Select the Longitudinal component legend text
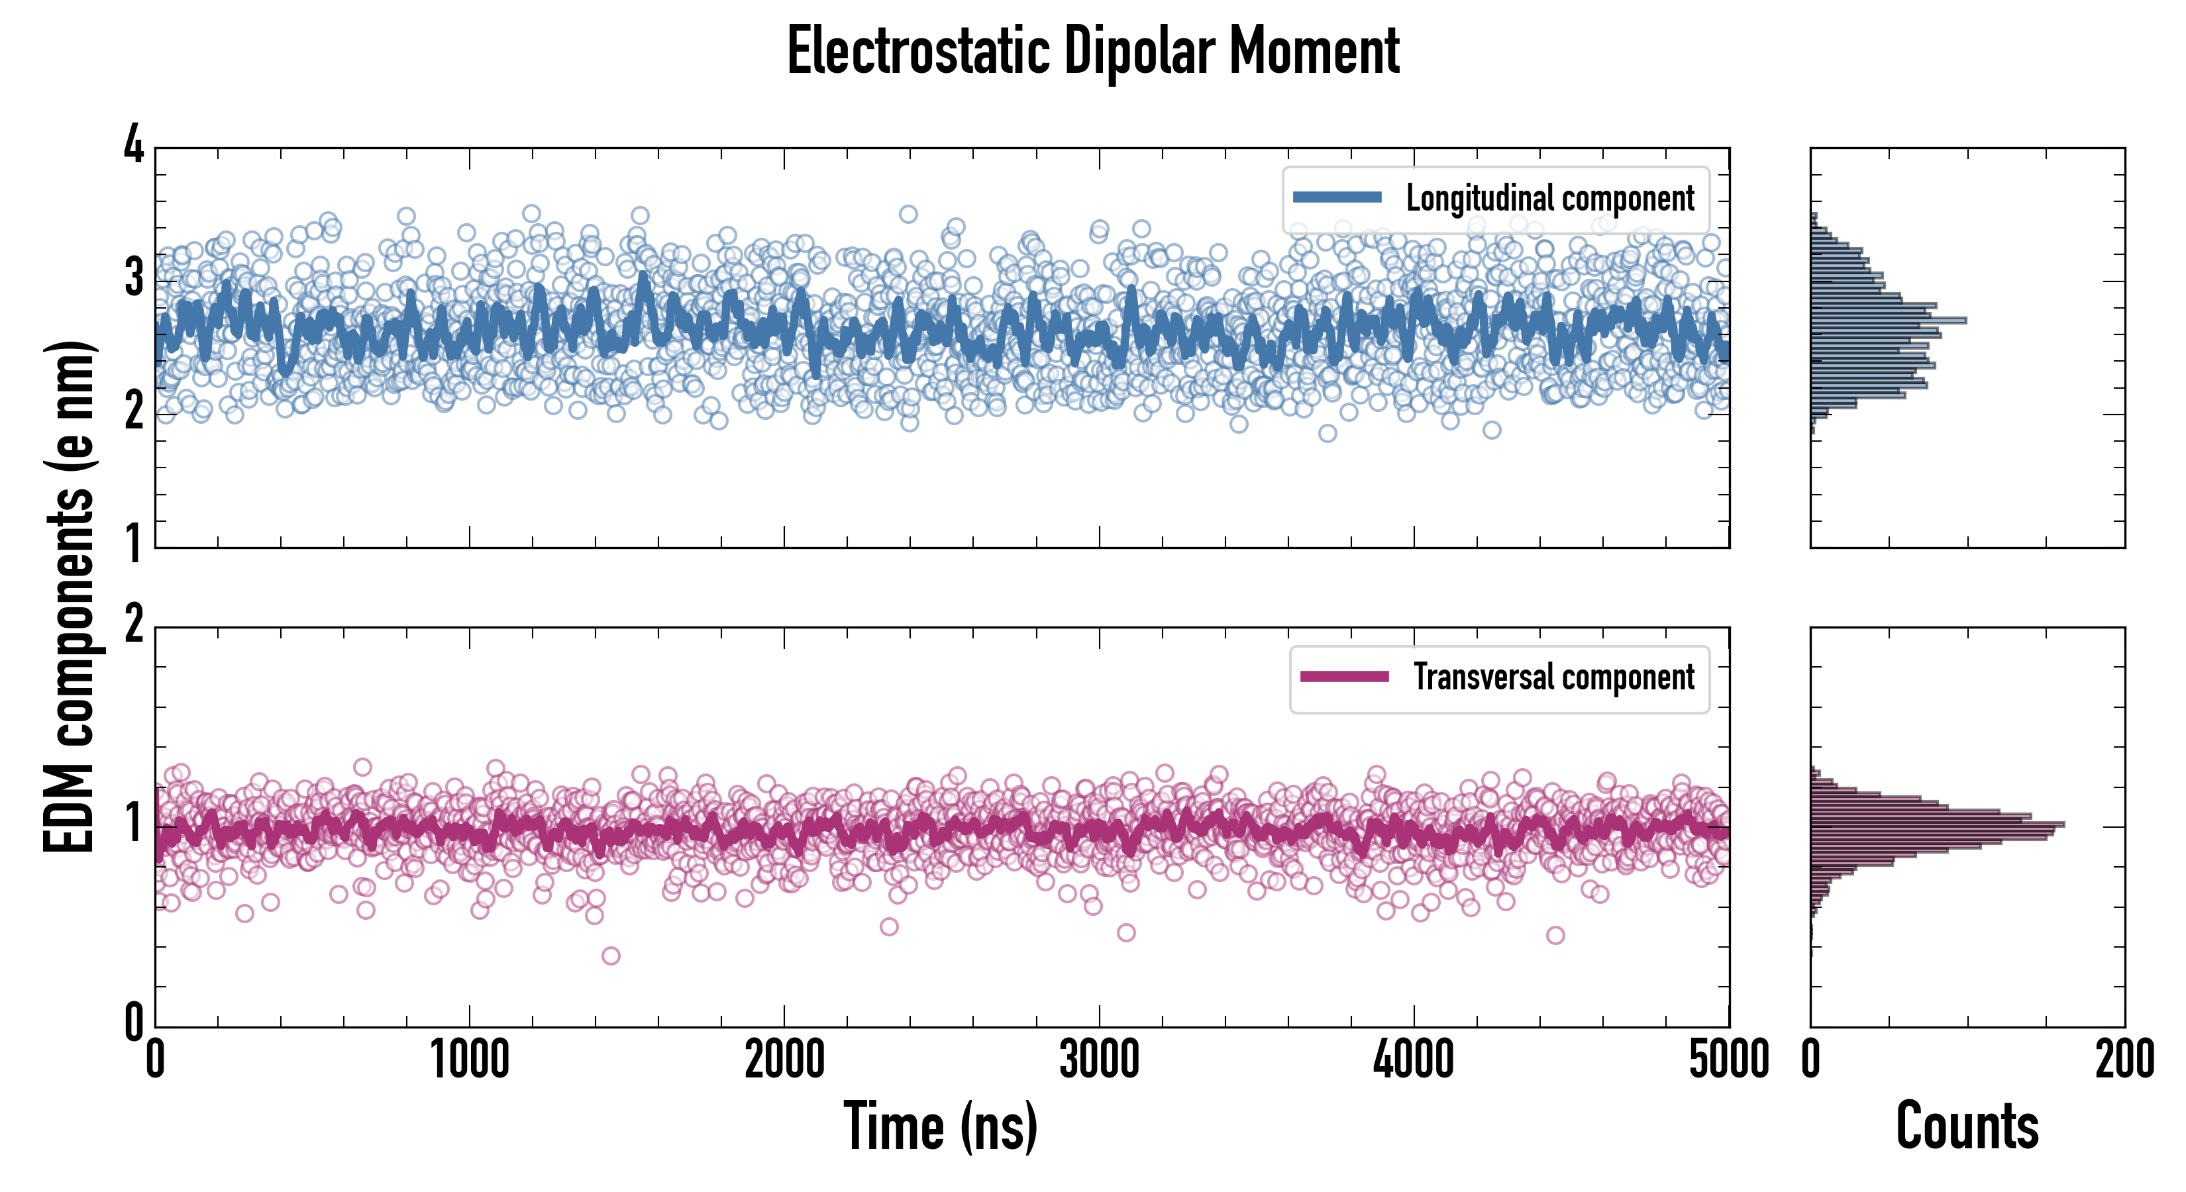[1549, 199]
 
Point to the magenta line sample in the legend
[1344, 677]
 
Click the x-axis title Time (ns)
[940, 1126]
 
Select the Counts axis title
[1967, 1126]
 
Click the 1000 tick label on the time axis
[469, 1060]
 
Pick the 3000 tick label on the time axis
[1099, 1060]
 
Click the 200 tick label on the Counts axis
[2124, 1060]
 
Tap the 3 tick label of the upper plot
[134, 278]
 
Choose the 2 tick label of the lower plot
[134, 625]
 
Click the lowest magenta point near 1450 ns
[610, 956]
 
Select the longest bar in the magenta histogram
[1938, 824]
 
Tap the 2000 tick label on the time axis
[784, 1060]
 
